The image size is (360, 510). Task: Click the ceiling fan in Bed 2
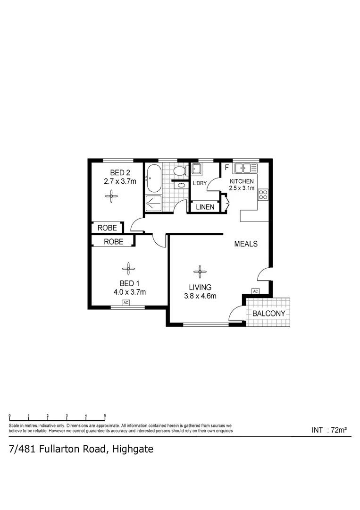(112, 195)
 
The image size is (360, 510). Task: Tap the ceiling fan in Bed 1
(128, 269)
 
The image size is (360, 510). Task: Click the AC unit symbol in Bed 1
(126, 303)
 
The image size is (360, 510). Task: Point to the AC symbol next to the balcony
(256, 291)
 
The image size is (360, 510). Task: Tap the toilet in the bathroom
(179, 170)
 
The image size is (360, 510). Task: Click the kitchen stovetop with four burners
(263, 195)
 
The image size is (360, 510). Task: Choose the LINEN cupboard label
(205, 207)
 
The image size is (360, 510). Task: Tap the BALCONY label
(268, 314)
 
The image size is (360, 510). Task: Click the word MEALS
(246, 244)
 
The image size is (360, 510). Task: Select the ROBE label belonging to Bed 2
(107, 228)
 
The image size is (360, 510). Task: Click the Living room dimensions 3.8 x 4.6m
(200, 296)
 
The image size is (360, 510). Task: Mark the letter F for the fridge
(226, 168)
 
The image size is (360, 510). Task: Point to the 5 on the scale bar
(105, 416)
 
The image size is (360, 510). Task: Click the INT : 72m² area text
(329, 430)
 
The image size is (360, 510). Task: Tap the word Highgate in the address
(133, 449)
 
